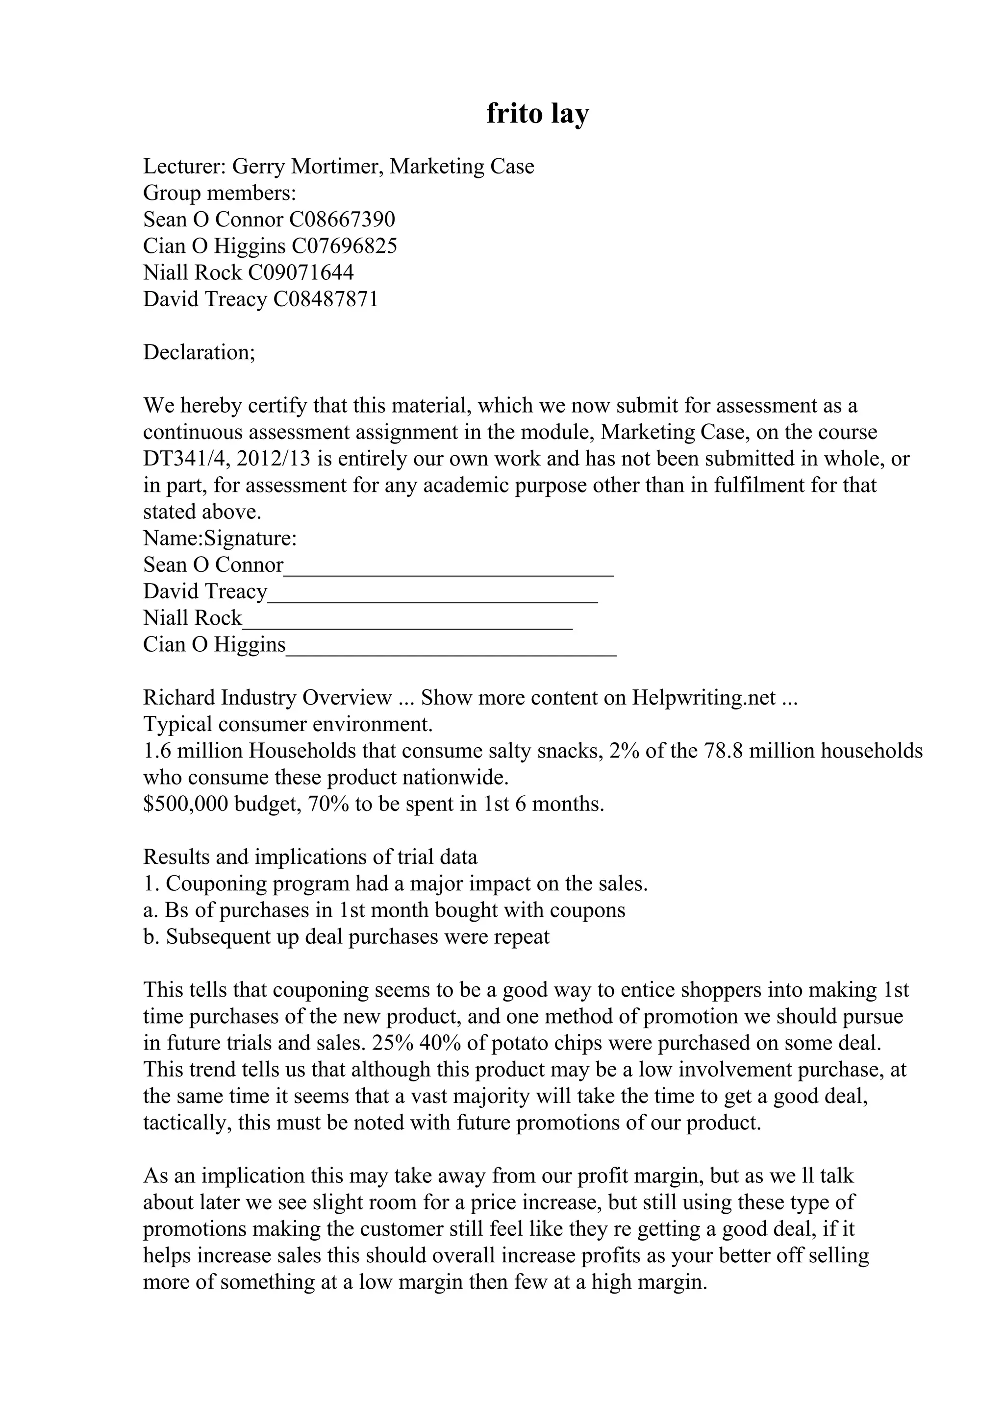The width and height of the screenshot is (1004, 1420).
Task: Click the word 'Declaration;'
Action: click(x=199, y=352)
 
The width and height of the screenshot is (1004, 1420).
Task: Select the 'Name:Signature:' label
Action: click(x=220, y=539)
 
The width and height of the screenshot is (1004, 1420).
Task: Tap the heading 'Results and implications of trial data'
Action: click(x=310, y=857)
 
